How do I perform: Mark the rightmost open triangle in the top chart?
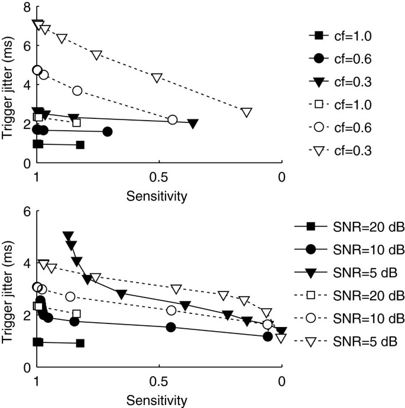coord(247,112)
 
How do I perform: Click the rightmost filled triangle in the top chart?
coord(193,123)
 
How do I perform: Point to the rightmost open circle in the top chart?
coord(173,120)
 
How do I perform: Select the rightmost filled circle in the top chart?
coord(107,131)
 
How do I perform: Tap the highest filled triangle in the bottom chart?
coord(67,235)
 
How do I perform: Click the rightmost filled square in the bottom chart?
coord(80,343)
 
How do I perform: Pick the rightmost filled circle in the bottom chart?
coord(267,336)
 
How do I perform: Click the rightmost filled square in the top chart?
coord(80,145)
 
